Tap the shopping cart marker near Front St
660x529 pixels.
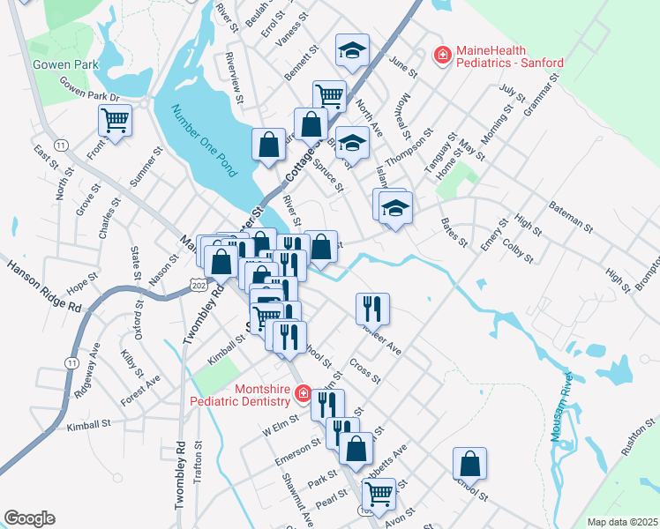point(116,120)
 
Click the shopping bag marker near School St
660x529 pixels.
point(470,463)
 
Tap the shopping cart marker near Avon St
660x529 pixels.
point(379,496)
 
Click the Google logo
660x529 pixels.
point(29,518)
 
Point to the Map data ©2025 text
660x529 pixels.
point(622,522)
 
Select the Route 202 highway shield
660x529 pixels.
point(197,280)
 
